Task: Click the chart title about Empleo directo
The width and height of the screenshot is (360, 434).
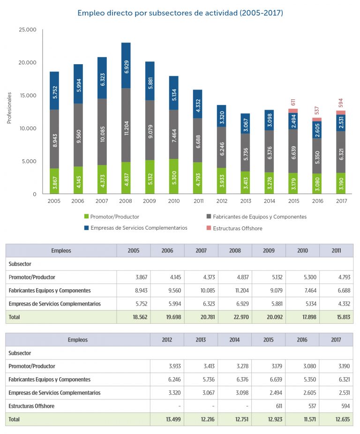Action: click(x=180, y=13)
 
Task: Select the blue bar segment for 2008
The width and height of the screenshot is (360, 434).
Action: click(x=126, y=65)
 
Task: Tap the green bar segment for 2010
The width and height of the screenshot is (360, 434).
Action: click(x=173, y=176)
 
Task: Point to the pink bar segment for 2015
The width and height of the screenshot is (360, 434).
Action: click(x=293, y=111)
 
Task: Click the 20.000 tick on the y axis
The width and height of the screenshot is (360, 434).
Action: click(x=27, y=63)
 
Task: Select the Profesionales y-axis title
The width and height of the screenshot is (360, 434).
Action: click(x=9, y=108)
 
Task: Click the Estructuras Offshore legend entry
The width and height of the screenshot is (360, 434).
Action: click(x=237, y=228)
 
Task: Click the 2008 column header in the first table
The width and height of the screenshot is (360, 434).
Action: click(x=235, y=250)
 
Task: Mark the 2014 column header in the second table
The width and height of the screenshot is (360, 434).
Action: click(x=235, y=339)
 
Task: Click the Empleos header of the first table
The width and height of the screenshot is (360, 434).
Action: click(x=61, y=250)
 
